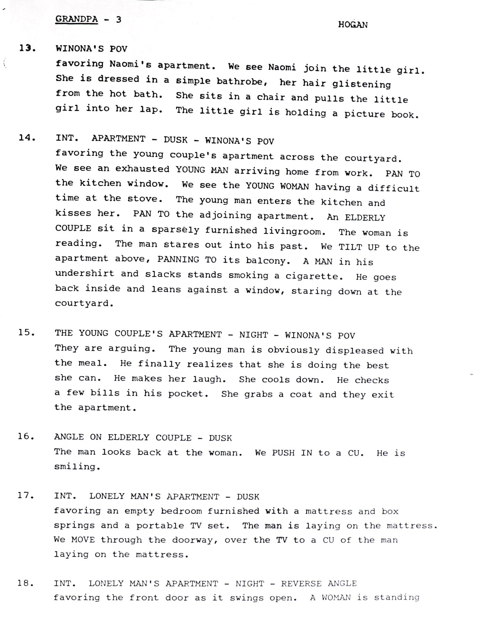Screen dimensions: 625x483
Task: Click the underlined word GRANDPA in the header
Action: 76,19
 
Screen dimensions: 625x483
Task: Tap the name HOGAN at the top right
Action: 353,25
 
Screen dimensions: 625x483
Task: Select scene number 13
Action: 27,48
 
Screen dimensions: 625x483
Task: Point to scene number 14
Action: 27,138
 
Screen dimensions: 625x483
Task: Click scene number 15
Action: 27,332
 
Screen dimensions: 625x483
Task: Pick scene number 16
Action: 26,436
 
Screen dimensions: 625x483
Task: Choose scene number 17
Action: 26,495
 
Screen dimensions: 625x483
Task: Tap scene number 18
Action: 26,583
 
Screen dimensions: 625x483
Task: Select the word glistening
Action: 361,84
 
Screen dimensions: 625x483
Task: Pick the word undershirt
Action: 84,274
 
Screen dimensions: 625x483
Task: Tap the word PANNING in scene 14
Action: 178,259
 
